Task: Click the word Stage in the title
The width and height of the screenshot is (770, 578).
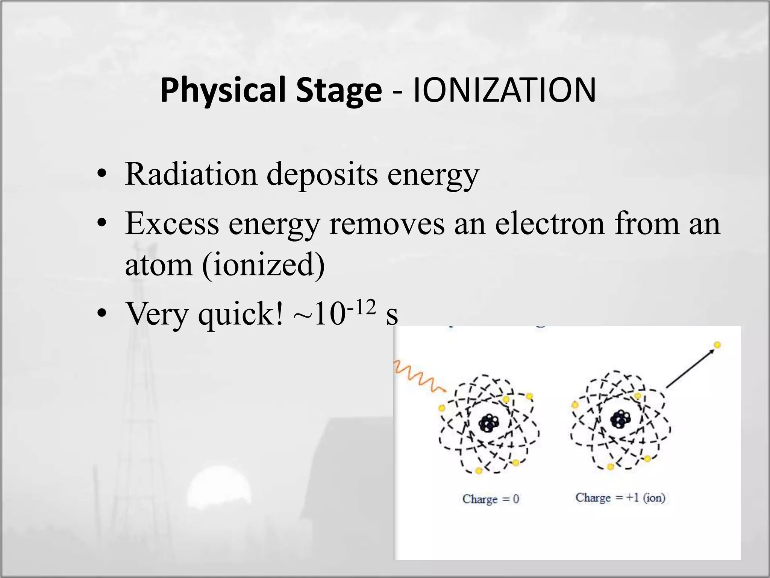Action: (338, 90)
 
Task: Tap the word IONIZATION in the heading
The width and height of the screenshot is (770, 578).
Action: (504, 90)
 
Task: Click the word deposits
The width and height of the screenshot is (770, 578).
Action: (322, 174)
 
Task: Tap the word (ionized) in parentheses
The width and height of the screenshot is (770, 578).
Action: (263, 265)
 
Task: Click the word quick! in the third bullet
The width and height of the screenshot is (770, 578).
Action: (241, 314)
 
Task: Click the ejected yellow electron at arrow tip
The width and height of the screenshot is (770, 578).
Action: (717, 345)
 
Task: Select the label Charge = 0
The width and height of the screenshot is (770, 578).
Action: (491, 499)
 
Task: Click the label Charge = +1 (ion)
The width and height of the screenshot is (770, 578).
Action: (620, 497)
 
